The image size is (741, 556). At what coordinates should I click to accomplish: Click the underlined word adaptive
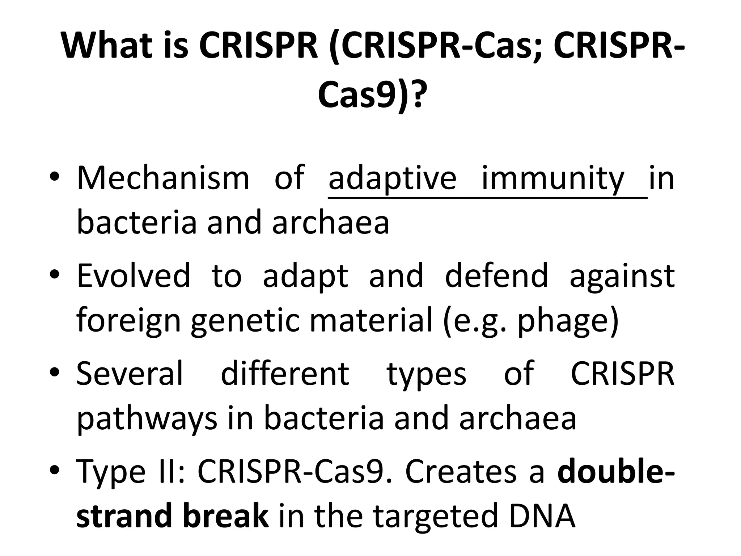(392, 178)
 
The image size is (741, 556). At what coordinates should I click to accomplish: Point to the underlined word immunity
(553, 178)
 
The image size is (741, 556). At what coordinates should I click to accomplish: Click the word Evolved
(133, 276)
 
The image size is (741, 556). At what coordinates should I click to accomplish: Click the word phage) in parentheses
(568, 321)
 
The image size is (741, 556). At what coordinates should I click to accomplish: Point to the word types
(427, 375)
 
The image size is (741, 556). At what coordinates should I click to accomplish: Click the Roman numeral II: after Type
(172, 471)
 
